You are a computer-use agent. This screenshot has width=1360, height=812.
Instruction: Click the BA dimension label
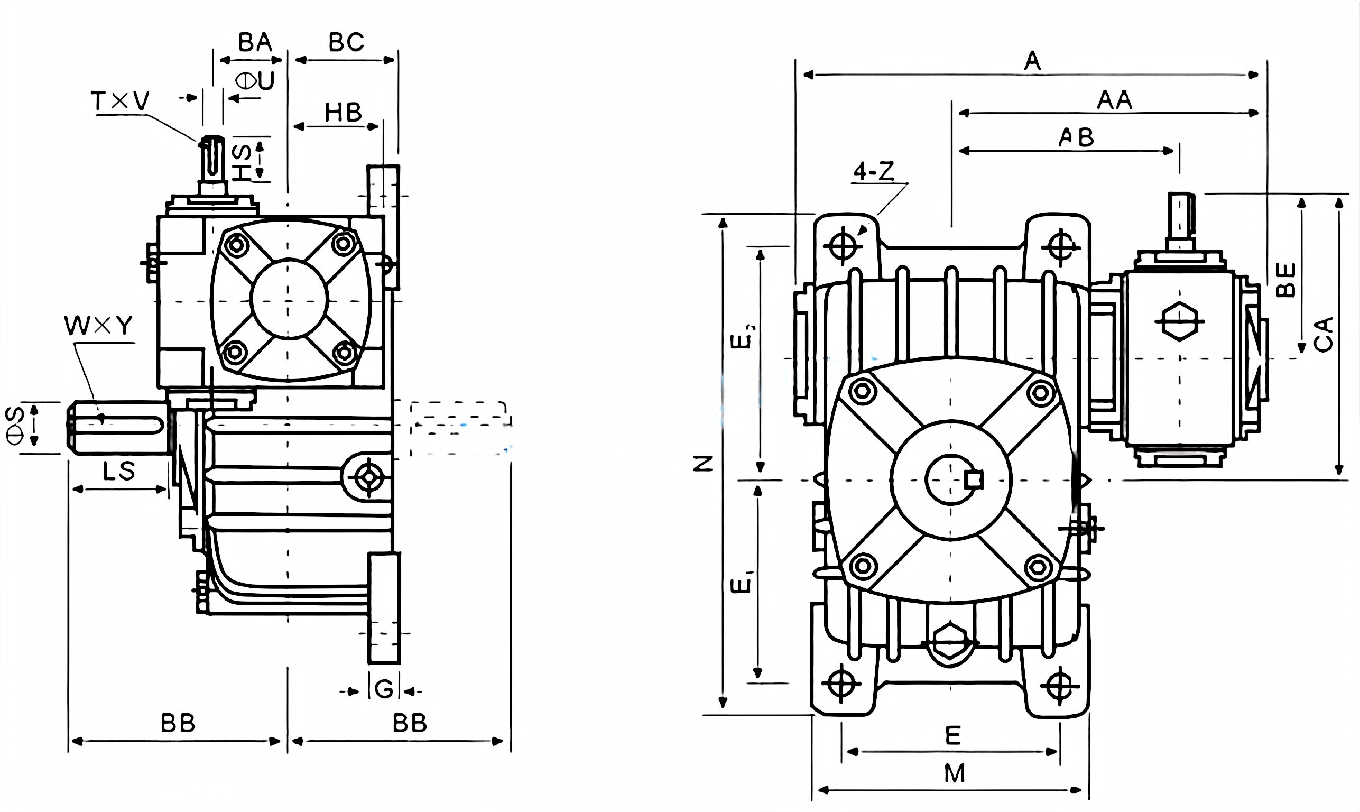[255, 42]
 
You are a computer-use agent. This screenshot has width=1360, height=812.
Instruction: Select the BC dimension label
[346, 42]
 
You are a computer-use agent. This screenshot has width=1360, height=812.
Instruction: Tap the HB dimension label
[343, 113]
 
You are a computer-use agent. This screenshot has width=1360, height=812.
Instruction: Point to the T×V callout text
[120, 101]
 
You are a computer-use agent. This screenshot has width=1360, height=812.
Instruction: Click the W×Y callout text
[98, 326]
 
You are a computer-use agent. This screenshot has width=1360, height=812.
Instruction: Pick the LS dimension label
[119, 471]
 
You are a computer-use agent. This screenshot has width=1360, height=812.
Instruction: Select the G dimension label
[384, 689]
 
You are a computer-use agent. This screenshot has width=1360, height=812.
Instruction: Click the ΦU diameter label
[255, 81]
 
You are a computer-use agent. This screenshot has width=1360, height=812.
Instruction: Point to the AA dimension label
[1114, 100]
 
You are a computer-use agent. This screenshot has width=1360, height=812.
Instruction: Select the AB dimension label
[1076, 137]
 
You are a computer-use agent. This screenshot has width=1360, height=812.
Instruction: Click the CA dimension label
[1324, 334]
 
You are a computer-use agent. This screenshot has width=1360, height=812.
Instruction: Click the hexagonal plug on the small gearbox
[1179, 321]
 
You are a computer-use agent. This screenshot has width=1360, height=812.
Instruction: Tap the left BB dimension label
[178, 723]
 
